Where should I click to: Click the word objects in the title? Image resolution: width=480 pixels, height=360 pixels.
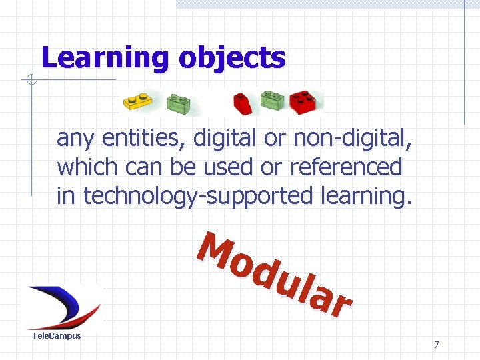231,59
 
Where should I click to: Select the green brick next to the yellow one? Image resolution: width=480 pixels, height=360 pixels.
178,103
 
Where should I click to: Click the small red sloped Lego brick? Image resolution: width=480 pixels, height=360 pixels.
241,103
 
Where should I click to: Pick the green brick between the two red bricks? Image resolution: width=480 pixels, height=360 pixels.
272,101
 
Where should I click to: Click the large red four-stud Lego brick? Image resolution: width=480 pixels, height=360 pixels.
304,101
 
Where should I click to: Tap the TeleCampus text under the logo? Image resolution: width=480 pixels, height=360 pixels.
57,335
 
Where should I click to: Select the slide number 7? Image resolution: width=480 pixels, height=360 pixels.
437,345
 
